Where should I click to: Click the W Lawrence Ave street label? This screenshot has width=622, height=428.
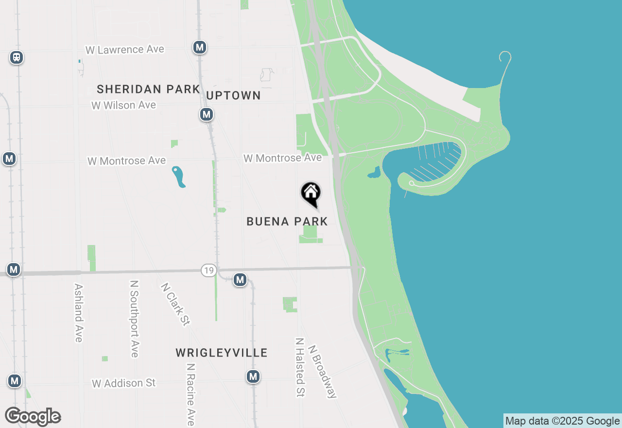[125, 50]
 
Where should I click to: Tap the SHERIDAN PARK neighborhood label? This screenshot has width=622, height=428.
[148, 89]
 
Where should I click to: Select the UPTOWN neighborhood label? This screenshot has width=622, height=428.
[233, 95]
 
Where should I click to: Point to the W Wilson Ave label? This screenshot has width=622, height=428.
[124, 105]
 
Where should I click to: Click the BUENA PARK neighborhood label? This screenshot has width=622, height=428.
[287, 222]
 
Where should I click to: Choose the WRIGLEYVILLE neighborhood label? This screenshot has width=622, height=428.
[222, 353]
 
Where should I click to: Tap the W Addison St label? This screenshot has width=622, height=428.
[124, 383]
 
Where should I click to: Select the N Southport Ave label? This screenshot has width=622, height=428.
[135, 319]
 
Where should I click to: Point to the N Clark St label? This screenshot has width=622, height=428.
[175, 303]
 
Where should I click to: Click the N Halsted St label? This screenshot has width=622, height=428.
[300, 367]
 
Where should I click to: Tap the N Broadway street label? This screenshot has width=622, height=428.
[322, 372]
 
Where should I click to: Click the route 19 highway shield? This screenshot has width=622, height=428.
[208, 271]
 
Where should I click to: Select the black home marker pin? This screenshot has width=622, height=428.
[311, 194]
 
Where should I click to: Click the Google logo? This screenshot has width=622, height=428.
[33, 417]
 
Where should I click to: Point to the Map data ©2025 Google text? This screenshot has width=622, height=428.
[562, 421]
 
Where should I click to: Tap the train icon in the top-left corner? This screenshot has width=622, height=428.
[17, 57]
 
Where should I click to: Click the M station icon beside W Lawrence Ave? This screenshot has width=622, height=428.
[199, 47]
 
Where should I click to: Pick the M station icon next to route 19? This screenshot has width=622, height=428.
[240, 280]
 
